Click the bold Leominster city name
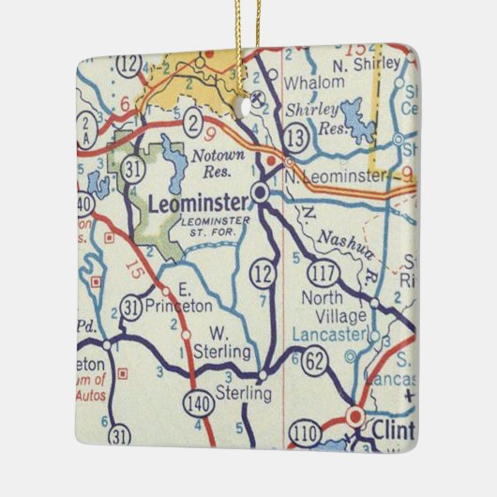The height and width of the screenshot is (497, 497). [x=198, y=203]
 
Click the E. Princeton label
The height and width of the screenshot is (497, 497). [x=188, y=298]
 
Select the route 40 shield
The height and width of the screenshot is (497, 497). [x=84, y=203]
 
